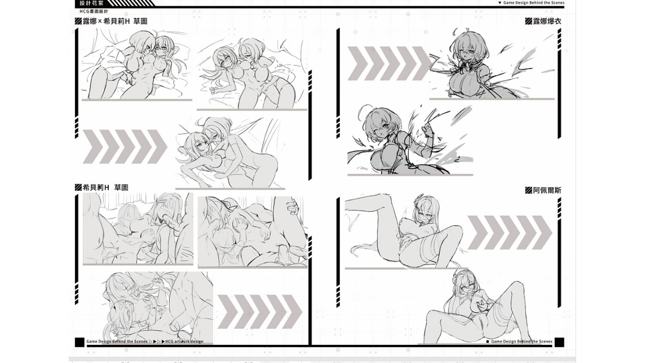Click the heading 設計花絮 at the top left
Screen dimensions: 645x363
(x=91, y=3)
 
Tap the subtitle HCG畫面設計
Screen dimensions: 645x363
(x=94, y=11)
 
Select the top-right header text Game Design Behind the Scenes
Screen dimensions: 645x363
(x=534, y=3)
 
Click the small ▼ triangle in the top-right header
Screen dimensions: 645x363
(x=500, y=3)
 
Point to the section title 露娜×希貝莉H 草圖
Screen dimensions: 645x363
(x=115, y=21)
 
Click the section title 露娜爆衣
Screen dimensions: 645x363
(x=547, y=21)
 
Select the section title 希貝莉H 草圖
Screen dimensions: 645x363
(x=105, y=187)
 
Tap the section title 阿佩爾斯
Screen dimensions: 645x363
(x=547, y=190)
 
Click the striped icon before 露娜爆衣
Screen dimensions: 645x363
(x=528, y=21)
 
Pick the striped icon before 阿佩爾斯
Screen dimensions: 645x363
(x=528, y=190)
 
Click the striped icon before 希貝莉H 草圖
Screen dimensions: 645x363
(x=78, y=187)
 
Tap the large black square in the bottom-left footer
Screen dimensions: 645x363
(x=80, y=342)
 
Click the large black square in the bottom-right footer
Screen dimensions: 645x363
(x=559, y=342)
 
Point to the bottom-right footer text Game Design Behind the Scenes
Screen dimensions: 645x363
(x=522, y=341)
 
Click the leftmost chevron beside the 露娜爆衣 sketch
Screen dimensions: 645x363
(x=356, y=64)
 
